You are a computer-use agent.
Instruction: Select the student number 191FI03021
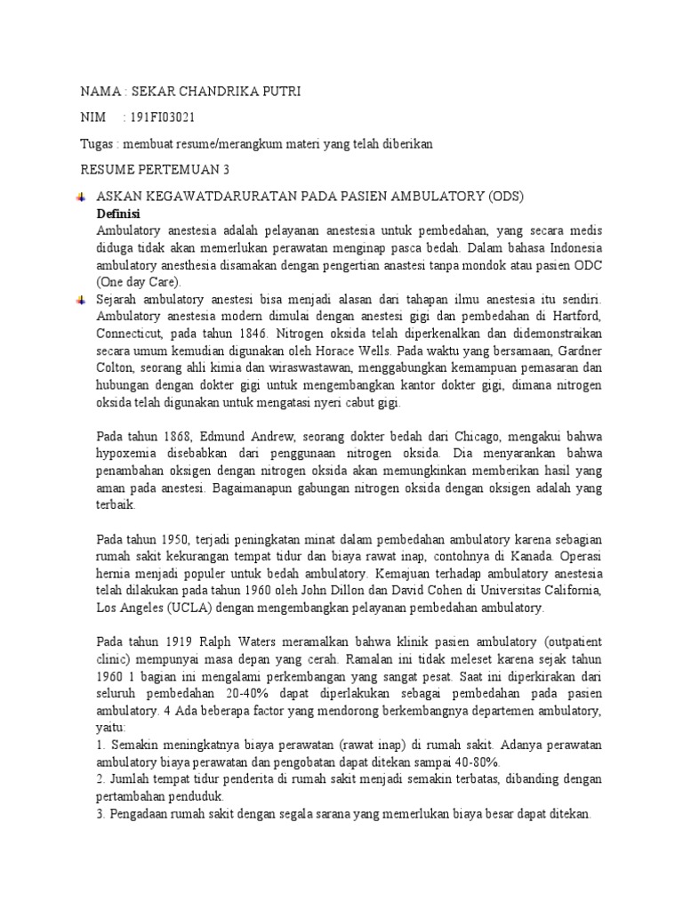(x=165, y=117)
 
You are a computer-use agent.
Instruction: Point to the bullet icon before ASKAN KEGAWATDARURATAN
(x=81, y=196)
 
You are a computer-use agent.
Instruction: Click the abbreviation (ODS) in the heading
(x=514, y=196)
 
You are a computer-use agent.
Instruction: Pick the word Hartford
(x=575, y=317)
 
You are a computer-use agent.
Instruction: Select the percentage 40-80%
(x=476, y=762)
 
